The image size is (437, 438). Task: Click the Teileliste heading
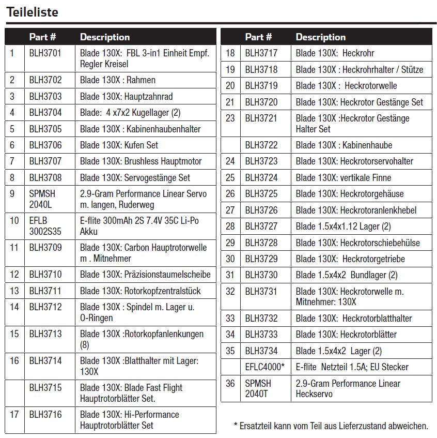(32, 12)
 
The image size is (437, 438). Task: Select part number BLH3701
(45, 53)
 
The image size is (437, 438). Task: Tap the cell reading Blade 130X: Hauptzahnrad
(126, 96)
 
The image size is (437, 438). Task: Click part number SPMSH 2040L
(42, 199)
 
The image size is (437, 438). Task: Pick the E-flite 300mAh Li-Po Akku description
(139, 226)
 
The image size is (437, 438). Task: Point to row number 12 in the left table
(14, 275)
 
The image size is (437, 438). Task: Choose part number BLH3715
(45, 387)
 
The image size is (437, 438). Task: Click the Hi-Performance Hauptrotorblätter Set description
(130, 420)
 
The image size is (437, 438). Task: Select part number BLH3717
(261, 53)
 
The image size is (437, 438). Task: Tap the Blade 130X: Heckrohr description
(335, 53)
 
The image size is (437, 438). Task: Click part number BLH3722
(261, 145)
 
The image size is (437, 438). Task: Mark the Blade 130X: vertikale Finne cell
(344, 177)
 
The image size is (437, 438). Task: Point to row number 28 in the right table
(230, 226)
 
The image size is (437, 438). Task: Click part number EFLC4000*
(264, 367)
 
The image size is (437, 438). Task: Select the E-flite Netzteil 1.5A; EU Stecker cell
(352, 367)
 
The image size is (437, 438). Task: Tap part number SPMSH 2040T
(258, 388)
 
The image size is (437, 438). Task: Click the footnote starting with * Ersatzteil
(331, 426)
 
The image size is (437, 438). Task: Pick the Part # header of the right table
(258, 37)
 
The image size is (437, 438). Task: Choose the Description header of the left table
(105, 37)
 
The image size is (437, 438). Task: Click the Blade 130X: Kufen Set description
(119, 145)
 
